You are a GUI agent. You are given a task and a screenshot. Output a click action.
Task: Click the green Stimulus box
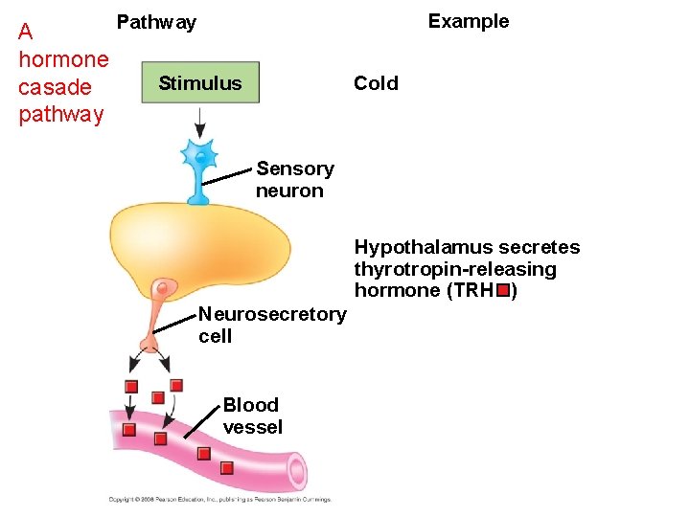pyautogui.click(x=199, y=83)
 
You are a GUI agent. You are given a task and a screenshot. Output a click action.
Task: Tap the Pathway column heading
pyautogui.click(x=156, y=22)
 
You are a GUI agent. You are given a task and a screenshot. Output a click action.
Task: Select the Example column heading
pyautogui.click(x=468, y=21)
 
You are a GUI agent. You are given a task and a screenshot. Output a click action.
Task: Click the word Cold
pyautogui.click(x=376, y=83)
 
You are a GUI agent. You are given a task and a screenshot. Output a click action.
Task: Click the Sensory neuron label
pyautogui.click(x=294, y=180)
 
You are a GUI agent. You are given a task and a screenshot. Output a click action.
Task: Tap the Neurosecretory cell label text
pyautogui.click(x=271, y=326)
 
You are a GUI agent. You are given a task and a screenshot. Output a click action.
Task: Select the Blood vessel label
pyautogui.click(x=252, y=416)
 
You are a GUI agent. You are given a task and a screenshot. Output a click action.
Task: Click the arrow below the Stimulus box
pyautogui.click(x=200, y=122)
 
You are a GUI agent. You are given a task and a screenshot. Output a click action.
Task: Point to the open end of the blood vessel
pyautogui.click(x=297, y=471)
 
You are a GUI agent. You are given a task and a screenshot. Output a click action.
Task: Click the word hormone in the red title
pyautogui.click(x=63, y=59)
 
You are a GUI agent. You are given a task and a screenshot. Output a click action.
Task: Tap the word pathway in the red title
pyautogui.click(x=60, y=115)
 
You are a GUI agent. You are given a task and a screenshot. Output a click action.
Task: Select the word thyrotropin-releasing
pyautogui.click(x=455, y=269)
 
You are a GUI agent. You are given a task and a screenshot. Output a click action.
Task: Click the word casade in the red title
pyautogui.click(x=55, y=87)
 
